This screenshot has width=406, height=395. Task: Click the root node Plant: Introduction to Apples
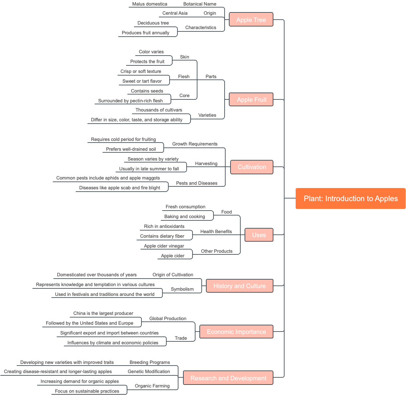(350, 198)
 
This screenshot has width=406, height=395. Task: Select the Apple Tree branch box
(251, 20)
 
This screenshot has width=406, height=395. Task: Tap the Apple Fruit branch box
(251, 99)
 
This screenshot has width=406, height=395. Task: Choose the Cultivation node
(252, 167)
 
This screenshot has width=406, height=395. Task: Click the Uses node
(259, 235)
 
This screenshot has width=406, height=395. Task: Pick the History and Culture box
(239, 286)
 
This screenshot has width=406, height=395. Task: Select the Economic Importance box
(236, 332)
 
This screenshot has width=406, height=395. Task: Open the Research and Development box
(228, 378)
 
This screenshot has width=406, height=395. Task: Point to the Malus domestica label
(150, 4)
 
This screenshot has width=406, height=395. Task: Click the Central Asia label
(175, 13)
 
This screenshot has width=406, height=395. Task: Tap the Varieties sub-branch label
(207, 115)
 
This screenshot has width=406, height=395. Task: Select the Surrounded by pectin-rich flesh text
(130, 101)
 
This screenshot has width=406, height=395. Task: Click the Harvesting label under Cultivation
(206, 163)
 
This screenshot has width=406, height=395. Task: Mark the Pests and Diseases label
(196, 183)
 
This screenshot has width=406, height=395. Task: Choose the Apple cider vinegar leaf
(164, 246)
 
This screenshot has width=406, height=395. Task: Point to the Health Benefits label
(216, 232)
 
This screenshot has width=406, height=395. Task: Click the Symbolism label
(182, 289)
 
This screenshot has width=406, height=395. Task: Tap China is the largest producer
(103, 313)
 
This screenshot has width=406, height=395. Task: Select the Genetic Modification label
(149, 371)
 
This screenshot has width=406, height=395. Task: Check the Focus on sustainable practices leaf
(87, 391)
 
